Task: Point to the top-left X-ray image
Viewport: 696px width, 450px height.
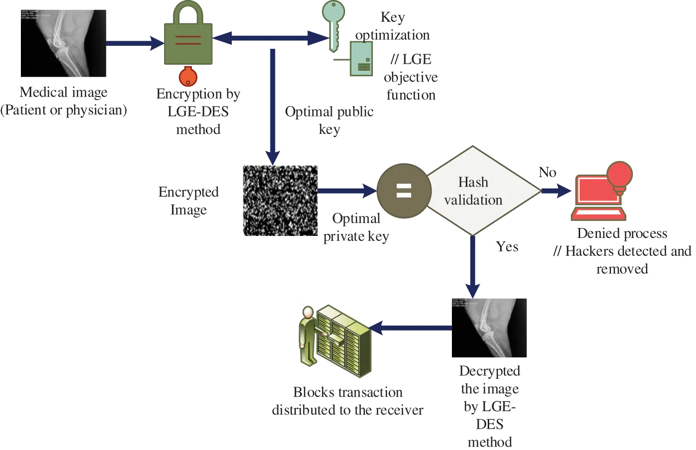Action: pyautogui.click(x=63, y=43)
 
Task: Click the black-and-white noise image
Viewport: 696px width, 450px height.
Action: pyautogui.click(x=280, y=201)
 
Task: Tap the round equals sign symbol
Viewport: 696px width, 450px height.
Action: pyautogui.click(x=404, y=191)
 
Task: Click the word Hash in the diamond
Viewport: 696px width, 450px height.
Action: pyautogui.click(x=473, y=182)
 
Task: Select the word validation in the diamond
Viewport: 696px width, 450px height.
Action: pyautogui.click(x=473, y=200)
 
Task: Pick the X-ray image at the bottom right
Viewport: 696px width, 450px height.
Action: pyautogui.click(x=489, y=327)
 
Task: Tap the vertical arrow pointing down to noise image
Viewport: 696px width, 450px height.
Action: pyautogui.click(x=272, y=105)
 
